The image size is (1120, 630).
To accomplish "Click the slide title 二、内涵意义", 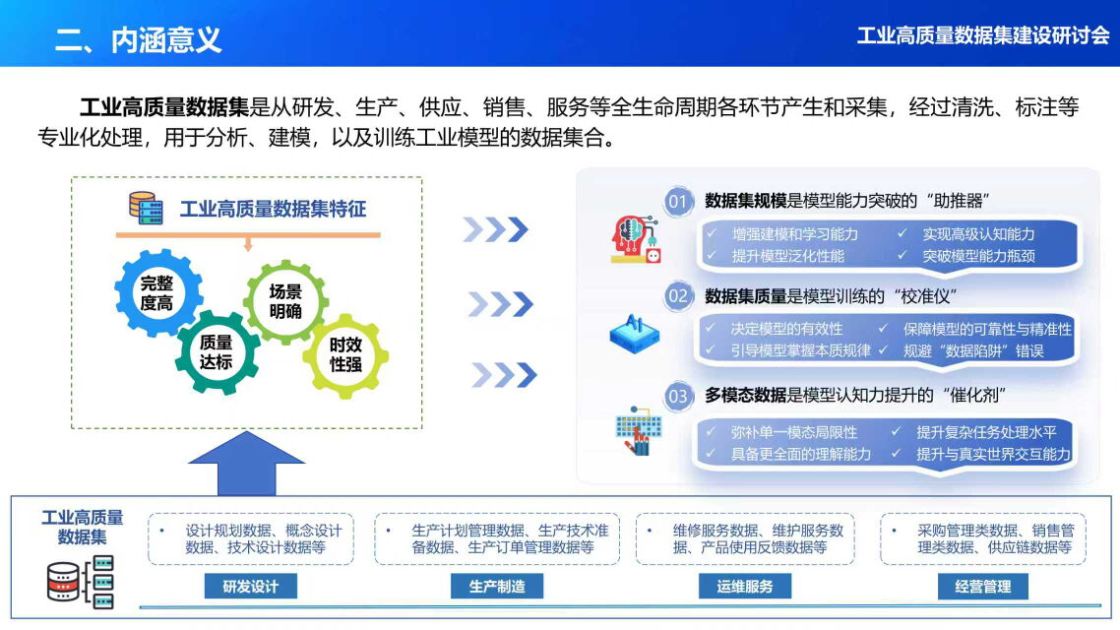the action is tap(139, 40).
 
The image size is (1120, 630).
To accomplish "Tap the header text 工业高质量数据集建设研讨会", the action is tap(983, 35).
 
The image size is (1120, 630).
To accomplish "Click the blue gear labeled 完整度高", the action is tap(158, 293).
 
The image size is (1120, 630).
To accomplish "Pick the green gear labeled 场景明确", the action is tap(285, 301).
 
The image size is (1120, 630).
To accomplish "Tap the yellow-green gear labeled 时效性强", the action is tap(345, 355).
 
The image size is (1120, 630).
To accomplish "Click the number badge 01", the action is tap(678, 202).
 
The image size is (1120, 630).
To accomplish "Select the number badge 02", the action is tap(678, 296).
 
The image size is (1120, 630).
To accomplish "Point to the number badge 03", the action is tap(678, 397).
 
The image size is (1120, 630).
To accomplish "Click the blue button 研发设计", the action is tap(251, 587).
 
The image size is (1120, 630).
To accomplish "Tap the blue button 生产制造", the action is tap(497, 587).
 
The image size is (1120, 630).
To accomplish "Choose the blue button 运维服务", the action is tap(745, 587).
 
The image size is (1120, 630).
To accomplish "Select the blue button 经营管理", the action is tap(983, 587).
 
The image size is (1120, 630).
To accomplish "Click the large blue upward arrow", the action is tap(246, 463).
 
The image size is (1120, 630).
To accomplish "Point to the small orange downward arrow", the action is tap(248, 245).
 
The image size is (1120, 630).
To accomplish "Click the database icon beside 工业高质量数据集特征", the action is tap(146, 208).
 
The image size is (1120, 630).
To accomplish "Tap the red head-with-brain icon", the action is tap(635, 239).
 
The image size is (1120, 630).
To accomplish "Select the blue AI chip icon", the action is tap(634, 334).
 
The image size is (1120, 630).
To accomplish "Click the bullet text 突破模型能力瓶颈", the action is tap(978, 256).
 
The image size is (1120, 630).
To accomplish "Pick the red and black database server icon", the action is tap(81, 582).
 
